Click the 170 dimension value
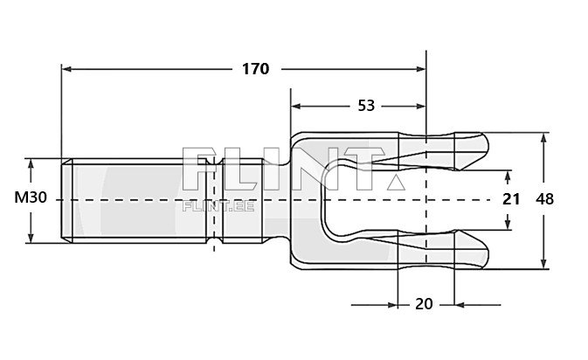pyautogui.click(x=254, y=68)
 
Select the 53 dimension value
pyautogui.click(x=366, y=106)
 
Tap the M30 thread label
pyautogui.click(x=31, y=198)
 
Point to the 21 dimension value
pyautogui.click(x=511, y=199)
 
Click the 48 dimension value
pyautogui.click(x=544, y=199)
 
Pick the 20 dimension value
pyautogui.click(x=424, y=304)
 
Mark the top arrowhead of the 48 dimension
pyautogui.click(x=544, y=137)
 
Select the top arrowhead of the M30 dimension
pyautogui.click(x=31, y=163)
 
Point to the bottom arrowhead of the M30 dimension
pyautogui.click(x=31, y=238)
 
